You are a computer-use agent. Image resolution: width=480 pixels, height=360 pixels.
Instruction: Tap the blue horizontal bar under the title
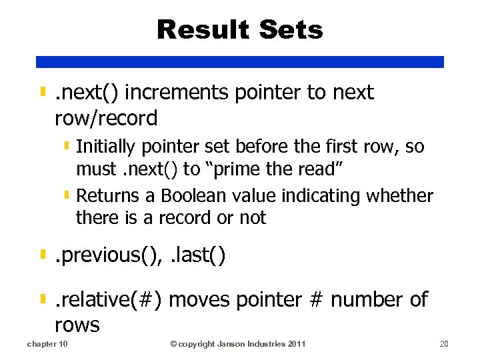pyautogui.click(x=240, y=61)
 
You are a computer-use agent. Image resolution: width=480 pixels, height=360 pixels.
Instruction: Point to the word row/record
pyautogui.click(x=106, y=119)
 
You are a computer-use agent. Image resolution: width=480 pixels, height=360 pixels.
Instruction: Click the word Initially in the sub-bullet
pyautogui.click(x=105, y=147)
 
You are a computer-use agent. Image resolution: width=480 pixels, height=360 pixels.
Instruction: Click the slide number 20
pyautogui.click(x=445, y=344)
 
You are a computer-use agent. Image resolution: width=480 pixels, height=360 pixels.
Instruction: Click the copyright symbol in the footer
pyautogui.click(x=173, y=344)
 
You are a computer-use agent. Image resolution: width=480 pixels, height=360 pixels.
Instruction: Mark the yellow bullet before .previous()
pyautogui.click(x=43, y=255)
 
